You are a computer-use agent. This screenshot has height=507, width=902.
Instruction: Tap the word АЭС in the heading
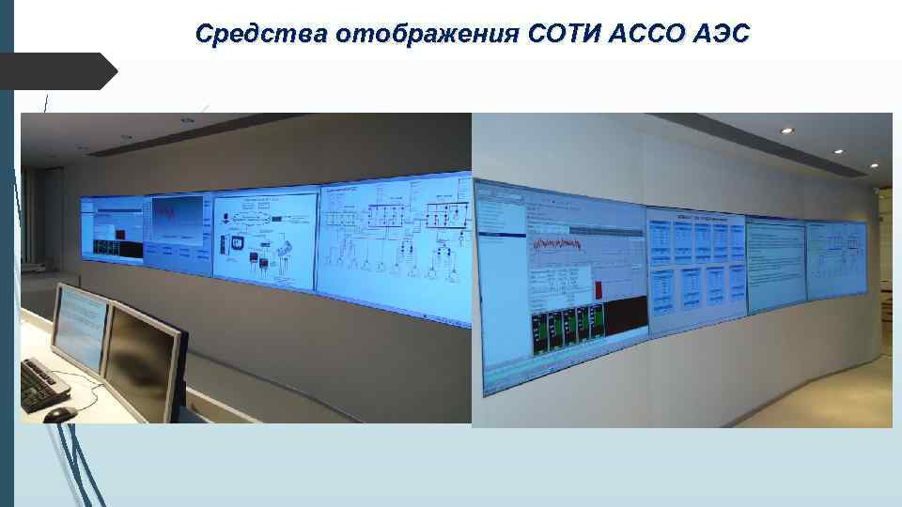pyautogui.click(x=723, y=35)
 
